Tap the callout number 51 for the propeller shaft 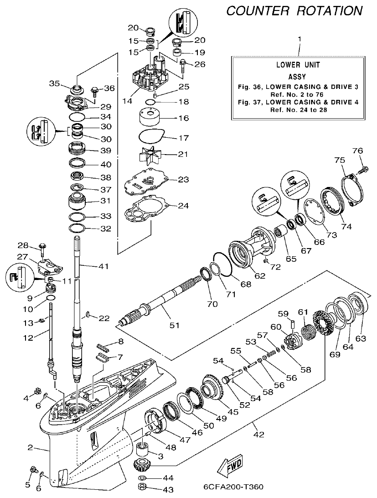tap(175, 325)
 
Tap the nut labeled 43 tap(142, 489)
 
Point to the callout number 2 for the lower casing tap(30, 447)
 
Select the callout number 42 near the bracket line tap(258, 435)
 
